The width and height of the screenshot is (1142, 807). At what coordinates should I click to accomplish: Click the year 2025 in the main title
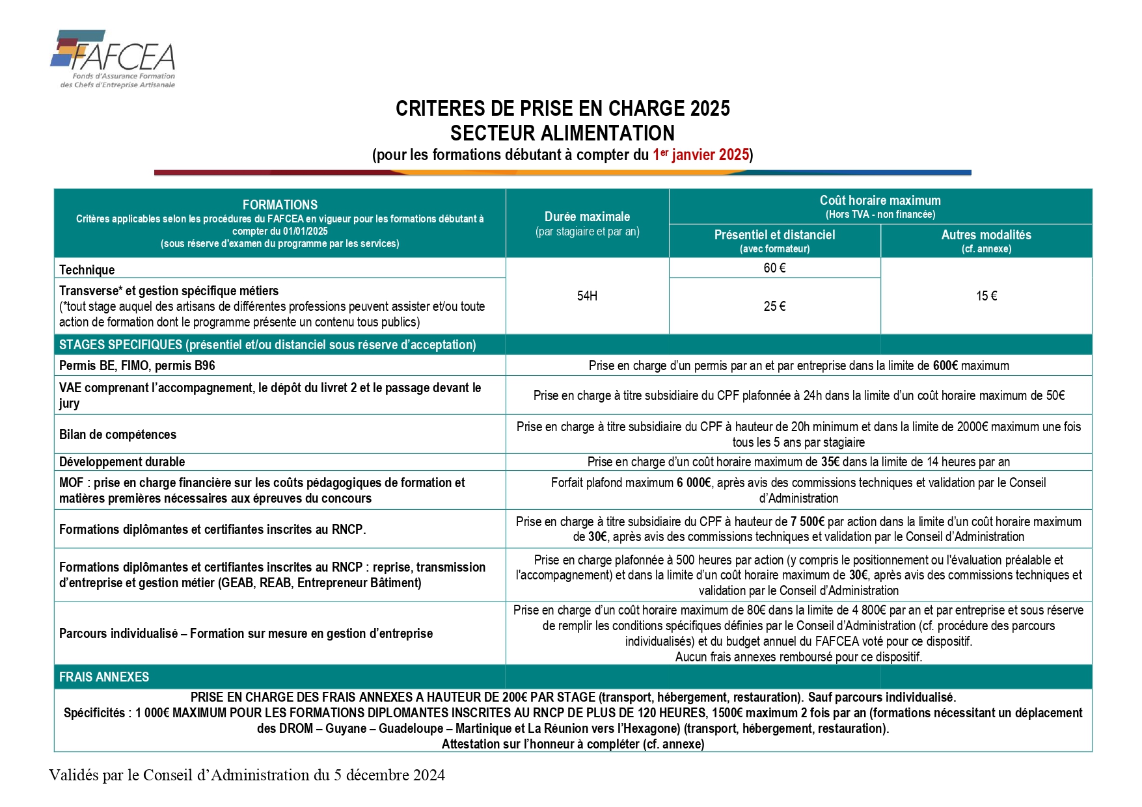(x=710, y=109)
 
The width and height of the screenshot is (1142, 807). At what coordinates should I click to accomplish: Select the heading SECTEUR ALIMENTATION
(x=562, y=133)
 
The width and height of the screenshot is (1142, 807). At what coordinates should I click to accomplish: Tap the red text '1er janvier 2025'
(x=701, y=155)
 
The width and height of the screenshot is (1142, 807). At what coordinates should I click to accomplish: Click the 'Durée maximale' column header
(x=587, y=217)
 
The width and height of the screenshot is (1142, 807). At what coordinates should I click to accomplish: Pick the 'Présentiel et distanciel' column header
(x=774, y=235)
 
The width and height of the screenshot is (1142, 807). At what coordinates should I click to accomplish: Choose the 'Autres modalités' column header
(x=986, y=235)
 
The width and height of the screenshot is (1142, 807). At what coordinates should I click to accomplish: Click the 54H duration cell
(x=587, y=296)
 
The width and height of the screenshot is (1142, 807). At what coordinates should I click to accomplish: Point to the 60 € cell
(x=774, y=268)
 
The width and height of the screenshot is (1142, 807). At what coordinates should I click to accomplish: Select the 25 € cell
(x=774, y=306)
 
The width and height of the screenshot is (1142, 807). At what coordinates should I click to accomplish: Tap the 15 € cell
(x=986, y=296)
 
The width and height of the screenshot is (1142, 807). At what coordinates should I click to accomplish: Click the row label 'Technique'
(x=87, y=270)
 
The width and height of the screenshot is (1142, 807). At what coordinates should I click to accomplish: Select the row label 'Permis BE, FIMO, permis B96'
(x=137, y=365)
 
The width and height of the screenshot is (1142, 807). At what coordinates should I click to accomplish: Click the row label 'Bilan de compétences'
(x=118, y=434)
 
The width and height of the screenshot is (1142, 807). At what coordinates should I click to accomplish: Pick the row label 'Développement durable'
(x=122, y=462)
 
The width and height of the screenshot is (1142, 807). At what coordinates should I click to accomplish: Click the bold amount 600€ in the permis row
(x=945, y=365)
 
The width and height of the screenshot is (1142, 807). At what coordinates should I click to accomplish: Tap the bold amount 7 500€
(x=808, y=522)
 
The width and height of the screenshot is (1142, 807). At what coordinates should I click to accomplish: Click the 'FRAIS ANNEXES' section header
(x=104, y=677)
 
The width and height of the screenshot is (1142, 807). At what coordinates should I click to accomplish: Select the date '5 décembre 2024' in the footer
(x=389, y=775)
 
